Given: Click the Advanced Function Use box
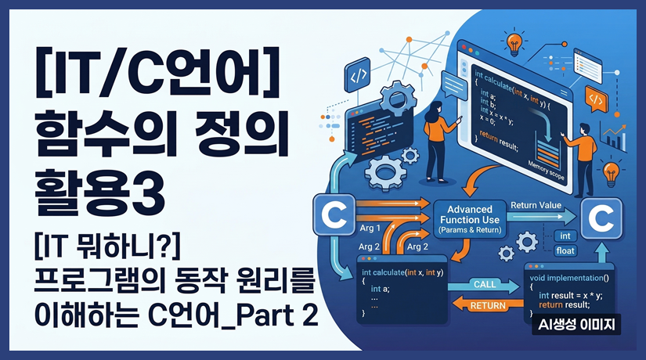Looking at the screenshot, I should click(468, 221).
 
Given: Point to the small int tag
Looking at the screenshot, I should click(565, 236).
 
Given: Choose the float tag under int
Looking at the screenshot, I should click(565, 250).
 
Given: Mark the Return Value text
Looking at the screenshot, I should click(536, 206).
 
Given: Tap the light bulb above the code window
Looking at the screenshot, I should click(514, 40).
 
